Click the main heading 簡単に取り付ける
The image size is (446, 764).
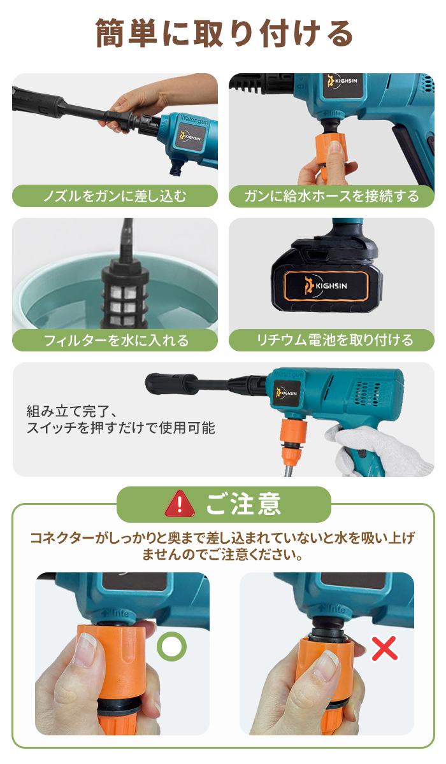click(x=224, y=34)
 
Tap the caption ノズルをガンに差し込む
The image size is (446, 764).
click(x=115, y=195)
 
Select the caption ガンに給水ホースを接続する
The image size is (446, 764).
click(x=331, y=195)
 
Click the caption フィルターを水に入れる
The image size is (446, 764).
click(x=115, y=340)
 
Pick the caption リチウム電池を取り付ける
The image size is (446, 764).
click(x=331, y=340)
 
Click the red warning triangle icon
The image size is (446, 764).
click(x=180, y=504)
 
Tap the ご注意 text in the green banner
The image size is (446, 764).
click(x=243, y=504)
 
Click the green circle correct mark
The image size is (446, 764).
click(x=172, y=647)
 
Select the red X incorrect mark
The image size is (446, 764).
click(x=384, y=648)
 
